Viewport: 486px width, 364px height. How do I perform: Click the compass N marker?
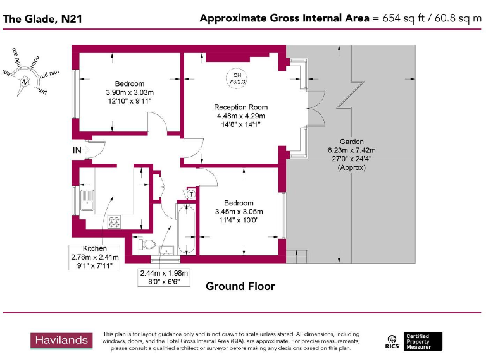point(25,81)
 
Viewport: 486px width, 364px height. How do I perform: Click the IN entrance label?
point(77,150)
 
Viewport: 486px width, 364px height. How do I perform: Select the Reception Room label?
point(240,107)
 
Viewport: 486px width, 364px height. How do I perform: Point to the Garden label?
point(351,142)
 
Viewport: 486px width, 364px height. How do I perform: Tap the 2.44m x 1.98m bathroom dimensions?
point(164,273)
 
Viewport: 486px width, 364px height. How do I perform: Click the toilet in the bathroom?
point(148,243)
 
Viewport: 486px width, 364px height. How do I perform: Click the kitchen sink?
point(86,201)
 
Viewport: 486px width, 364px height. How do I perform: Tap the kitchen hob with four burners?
point(115,221)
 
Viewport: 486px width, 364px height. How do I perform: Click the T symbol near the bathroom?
point(190,194)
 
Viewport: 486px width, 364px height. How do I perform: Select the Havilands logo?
point(61,341)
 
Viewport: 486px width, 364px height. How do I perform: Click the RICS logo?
point(392,342)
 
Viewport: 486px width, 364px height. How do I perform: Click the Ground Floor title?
point(240,286)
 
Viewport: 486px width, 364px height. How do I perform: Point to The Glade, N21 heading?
point(42,19)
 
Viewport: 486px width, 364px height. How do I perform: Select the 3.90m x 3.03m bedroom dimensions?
point(129,92)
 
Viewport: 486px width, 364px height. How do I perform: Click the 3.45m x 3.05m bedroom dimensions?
point(239,211)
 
